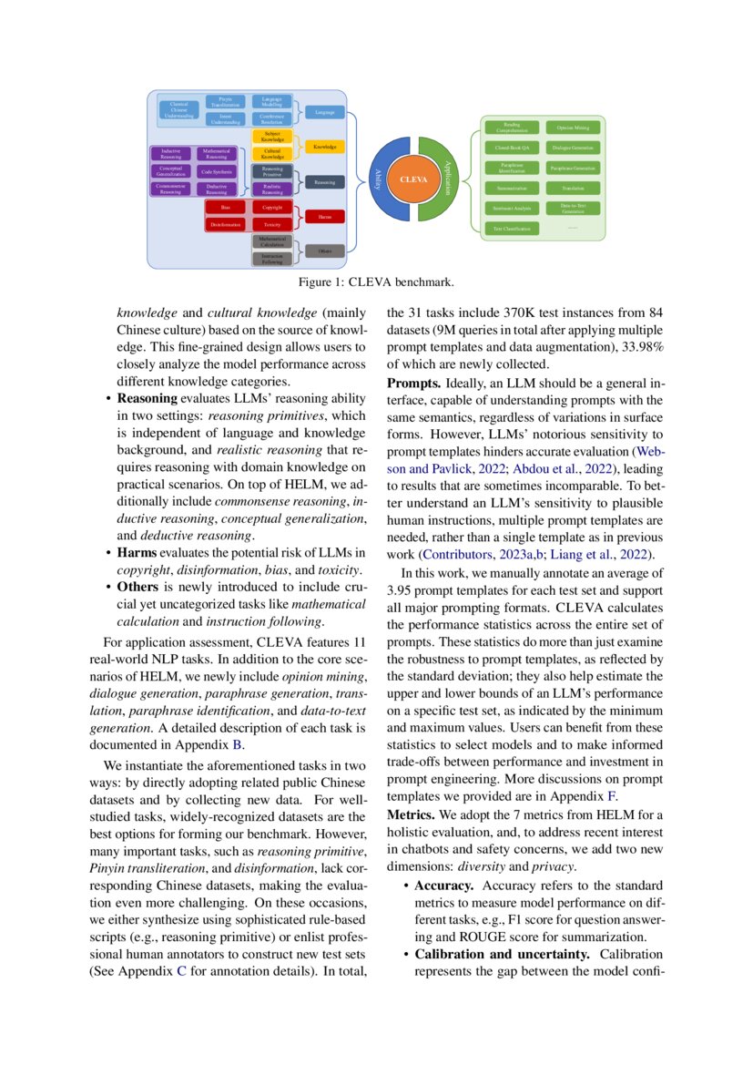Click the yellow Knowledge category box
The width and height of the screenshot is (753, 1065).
coord(324,147)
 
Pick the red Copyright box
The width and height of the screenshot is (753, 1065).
coord(272,208)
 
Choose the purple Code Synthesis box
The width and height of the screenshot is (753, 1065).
coord(217,171)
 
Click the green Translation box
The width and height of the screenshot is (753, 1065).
coord(574,189)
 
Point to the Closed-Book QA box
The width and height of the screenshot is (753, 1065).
coord(512,148)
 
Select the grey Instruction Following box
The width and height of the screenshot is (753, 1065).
coord(272,259)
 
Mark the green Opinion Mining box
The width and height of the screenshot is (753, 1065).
coord(574,128)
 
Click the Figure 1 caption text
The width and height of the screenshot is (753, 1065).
coord(376,281)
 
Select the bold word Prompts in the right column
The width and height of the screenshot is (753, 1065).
coord(414,383)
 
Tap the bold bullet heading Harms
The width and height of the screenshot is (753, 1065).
coord(139,551)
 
